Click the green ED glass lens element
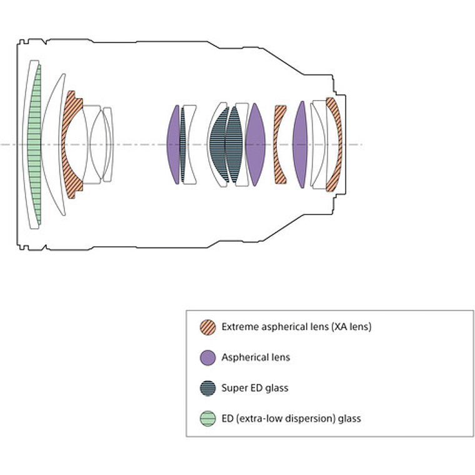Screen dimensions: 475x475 point(37,144)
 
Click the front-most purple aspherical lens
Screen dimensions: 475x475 point(173,144)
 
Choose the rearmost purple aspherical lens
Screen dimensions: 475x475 point(300,144)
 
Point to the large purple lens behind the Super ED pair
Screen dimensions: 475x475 point(255,144)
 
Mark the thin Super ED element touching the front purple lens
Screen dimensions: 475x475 point(182,144)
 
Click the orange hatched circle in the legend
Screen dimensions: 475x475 point(207,327)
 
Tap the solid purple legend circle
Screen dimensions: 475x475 point(207,357)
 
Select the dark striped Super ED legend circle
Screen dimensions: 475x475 point(207,387)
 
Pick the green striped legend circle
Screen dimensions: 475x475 point(207,418)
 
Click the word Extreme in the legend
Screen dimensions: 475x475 point(239,327)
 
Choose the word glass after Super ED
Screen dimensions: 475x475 point(276,387)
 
